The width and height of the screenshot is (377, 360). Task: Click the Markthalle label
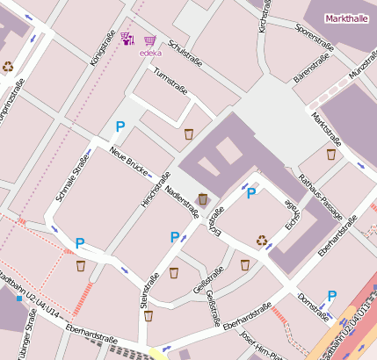point(346,18)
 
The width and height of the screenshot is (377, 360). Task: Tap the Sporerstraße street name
point(316,37)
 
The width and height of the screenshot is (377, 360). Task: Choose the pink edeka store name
point(150,53)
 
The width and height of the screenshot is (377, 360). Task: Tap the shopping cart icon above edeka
point(150,40)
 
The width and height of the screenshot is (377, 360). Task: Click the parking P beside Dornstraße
point(332,296)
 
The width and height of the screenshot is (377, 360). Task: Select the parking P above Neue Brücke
point(120,127)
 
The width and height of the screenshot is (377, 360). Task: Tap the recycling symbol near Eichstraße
point(262,240)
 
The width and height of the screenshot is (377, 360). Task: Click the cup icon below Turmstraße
point(189,134)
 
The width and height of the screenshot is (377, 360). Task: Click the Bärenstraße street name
point(311,68)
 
